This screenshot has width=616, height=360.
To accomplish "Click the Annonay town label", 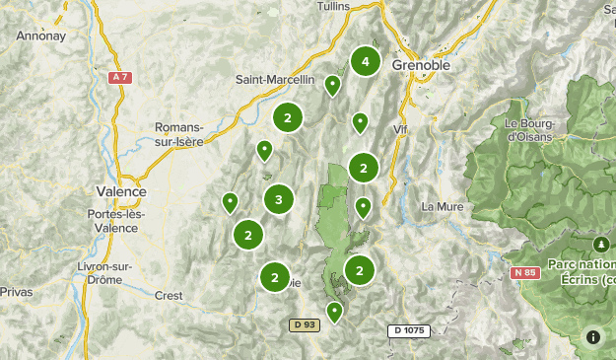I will pyautogui.click(x=40, y=36).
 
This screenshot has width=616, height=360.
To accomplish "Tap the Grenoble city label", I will pyautogui.click(x=421, y=64).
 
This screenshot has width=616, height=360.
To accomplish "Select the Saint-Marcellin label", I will pyautogui.click(x=275, y=80).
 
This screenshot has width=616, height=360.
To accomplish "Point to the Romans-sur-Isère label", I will pyautogui.click(x=179, y=134).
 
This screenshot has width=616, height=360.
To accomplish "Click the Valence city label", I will pyautogui.click(x=121, y=191).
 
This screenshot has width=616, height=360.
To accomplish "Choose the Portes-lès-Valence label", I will pyautogui.click(x=115, y=221).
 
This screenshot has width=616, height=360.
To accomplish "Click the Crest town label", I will pyautogui.click(x=169, y=295).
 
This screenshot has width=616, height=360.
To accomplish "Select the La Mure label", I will pyautogui.click(x=442, y=207).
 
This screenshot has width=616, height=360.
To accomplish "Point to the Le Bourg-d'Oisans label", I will pyautogui.click(x=530, y=129).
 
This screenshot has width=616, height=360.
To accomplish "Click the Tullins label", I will pyautogui.click(x=334, y=6).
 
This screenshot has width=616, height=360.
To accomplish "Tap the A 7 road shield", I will pyautogui.click(x=120, y=77).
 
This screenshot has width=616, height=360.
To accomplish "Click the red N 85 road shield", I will pyautogui.click(x=525, y=272).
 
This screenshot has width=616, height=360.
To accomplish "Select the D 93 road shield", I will pyautogui.click(x=305, y=324).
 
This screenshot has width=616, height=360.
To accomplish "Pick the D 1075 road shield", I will pyautogui.click(x=408, y=330).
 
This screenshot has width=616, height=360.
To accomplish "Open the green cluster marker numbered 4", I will pyautogui.click(x=366, y=61).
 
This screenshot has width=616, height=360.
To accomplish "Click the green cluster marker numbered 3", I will pyautogui.click(x=279, y=200).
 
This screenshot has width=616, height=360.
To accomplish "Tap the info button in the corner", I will pyautogui.click(x=593, y=336).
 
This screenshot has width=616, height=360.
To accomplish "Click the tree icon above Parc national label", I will pyautogui.click(x=599, y=243).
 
